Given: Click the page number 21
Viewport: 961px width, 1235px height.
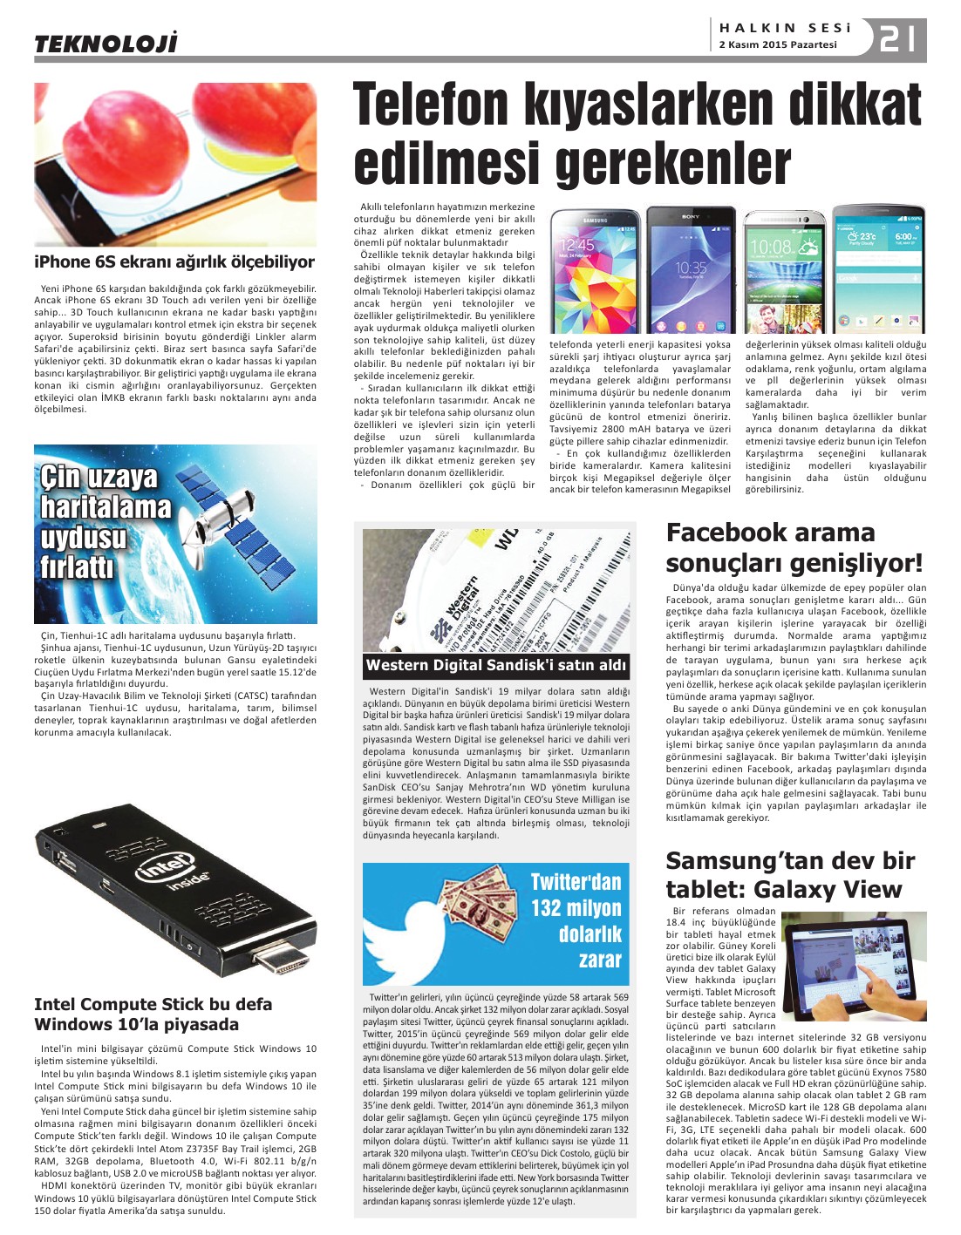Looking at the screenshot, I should coord(898,39).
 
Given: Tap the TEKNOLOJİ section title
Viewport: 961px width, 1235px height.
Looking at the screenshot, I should coord(106,43).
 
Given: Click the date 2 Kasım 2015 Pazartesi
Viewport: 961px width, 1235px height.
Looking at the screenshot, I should coord(777,44).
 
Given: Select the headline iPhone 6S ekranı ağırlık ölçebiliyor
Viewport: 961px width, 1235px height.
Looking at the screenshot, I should coord(174,261).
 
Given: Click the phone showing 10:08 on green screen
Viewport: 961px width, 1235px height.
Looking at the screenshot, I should coord(784,271).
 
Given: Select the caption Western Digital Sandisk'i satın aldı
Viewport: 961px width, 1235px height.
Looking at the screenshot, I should coord(495,665).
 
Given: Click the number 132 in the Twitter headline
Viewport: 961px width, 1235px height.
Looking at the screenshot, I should coord(548,908).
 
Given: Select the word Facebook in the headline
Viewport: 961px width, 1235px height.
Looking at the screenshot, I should coord(726,533).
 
